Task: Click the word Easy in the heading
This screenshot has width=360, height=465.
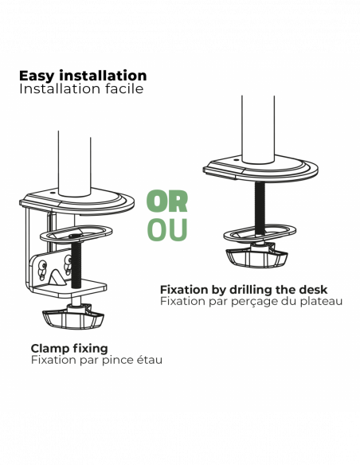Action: click(37, 76)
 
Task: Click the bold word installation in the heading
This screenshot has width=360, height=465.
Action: click(103, 76)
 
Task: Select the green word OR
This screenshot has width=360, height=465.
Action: click(167, 201)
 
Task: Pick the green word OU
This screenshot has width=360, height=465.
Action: click(167, 229)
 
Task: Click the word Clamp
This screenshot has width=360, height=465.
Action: click(49, 349)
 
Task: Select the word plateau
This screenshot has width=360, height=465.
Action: click(321, 301)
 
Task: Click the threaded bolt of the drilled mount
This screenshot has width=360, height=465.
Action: click(260, 208)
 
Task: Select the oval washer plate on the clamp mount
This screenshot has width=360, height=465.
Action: click(76, 234)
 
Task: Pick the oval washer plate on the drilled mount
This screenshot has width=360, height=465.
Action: click(260, 233)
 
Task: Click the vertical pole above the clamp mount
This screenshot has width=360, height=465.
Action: click(74, 164)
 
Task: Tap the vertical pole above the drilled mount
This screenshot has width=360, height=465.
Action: click(258, 129)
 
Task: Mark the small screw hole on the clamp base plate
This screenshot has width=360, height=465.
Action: click(53, 193)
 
